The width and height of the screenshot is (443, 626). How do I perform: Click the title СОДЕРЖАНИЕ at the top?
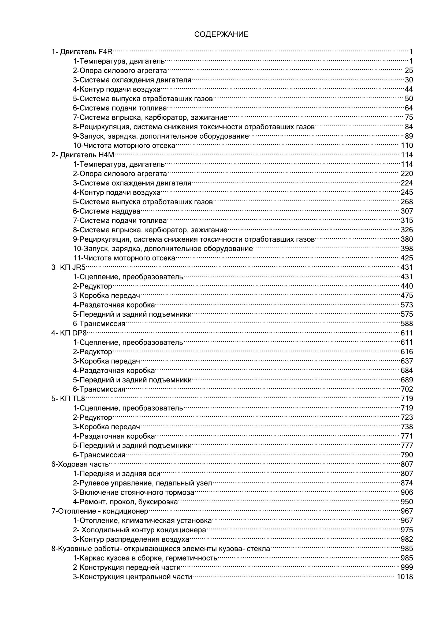[221, 34]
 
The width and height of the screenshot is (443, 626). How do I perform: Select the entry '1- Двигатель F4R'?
[82, 52]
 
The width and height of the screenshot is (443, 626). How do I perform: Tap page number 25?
[409, 71]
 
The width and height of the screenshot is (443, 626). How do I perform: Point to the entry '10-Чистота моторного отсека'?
[124, 146]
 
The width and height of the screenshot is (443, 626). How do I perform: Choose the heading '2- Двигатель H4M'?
[83, 155]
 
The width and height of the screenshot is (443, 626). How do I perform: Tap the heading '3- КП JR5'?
[68, 267]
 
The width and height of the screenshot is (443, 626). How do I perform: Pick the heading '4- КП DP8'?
[69, 333]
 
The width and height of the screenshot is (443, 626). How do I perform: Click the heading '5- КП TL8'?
[68, 399]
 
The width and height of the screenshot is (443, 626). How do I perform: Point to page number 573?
[407, 305]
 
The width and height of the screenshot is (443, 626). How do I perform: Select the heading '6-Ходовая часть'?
[80, 464]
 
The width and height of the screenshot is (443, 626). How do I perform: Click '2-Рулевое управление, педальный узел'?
[142, 483]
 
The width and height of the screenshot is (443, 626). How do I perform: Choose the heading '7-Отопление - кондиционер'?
[100, 511]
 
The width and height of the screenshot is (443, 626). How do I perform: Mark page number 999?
[407, 567]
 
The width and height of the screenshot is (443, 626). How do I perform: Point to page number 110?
[407, 146]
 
